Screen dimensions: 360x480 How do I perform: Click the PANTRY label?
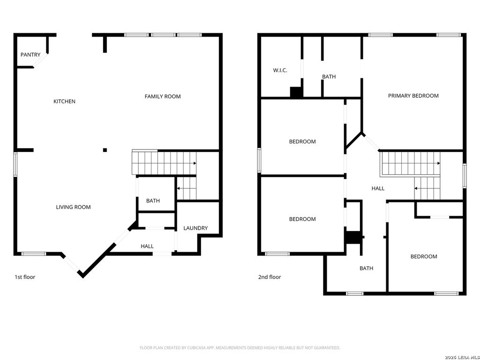[x=30, y=55]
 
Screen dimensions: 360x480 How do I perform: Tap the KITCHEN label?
[x=64, y=101]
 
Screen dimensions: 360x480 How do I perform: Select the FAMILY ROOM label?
[x=162, y=97]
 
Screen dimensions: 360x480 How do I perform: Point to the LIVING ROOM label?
[x=73, y=207]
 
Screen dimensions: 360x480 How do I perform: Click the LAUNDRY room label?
[x=195, y=228]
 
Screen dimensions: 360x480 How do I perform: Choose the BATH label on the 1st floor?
[x=153, y=201]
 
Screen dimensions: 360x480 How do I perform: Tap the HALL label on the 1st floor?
[x=147, y=246]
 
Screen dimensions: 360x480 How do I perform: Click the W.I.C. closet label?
[x=280, y=70]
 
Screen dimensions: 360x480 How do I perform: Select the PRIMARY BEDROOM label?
[x=413, y=96]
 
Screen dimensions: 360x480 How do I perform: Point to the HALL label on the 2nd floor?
[x=378, y=188]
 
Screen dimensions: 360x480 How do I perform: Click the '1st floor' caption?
[x=25, y=277]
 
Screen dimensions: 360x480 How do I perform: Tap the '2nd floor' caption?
[x=270, y=277]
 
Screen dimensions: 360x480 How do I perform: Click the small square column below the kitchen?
[x=105, y=150]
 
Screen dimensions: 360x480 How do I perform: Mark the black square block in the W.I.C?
[x=296, y=92]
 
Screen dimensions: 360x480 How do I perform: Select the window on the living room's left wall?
[x=15, y=164]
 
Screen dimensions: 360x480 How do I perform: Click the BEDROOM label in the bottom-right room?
[x=424, y=256]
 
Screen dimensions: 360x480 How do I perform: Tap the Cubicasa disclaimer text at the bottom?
[x=240, y=348]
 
